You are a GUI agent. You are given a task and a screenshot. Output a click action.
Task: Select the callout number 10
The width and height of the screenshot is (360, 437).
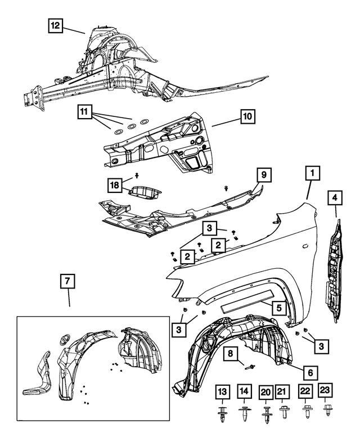tap(247, 116)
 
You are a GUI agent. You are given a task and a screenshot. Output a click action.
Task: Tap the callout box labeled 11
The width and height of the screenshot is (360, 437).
tap(84, 112)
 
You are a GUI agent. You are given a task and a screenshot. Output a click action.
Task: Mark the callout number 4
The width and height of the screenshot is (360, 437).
tap(335, 197)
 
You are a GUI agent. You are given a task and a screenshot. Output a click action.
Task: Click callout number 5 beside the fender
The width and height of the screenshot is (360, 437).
tap(278, 308)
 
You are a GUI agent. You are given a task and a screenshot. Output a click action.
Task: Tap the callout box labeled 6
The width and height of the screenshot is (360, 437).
tap(310, 372)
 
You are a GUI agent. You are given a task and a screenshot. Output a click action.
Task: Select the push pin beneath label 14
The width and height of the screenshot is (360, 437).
tap(245, 415)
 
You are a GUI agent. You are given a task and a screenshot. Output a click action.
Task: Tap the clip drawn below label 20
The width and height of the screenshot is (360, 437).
tap(265, 415)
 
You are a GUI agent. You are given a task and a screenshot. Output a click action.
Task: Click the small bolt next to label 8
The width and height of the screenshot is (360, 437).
tap(250, 367)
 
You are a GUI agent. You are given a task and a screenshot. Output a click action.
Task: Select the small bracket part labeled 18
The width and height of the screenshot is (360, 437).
tap(145, 192)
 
